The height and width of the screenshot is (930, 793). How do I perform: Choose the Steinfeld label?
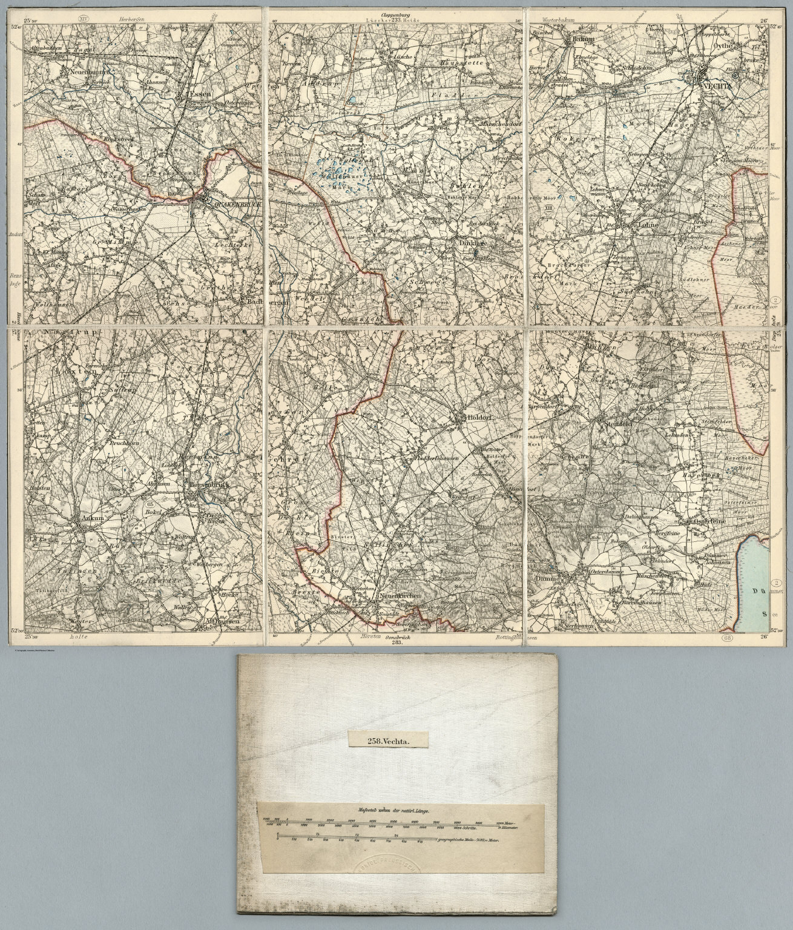tap(618, 425)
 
